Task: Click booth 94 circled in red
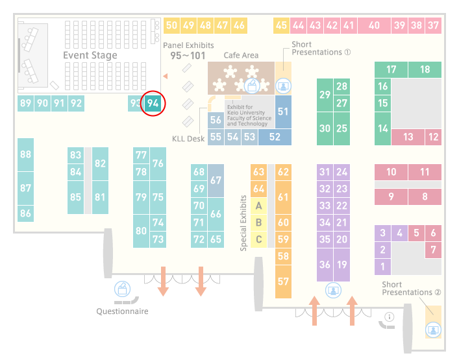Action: [x=153, y=103]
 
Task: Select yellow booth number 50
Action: [x=171, y=25]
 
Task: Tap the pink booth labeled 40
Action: [x=374, y=25]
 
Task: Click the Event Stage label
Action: [x=90, y=55]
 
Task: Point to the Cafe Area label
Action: [x=241, y=55]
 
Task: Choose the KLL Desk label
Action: [x=188, y=139]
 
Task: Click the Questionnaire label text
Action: [x=122, y=311]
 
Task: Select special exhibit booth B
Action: [x=258, y=222]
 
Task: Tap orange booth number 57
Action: [x=283, y=282]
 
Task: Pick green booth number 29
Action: [x=325, y=95]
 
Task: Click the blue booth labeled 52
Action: [x=275, y=137]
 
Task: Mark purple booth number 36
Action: [x=325, y=265]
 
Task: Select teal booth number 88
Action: [x=25, y=154]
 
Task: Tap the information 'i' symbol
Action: [x=390, y=317]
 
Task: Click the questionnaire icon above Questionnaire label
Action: [x=122, y=289]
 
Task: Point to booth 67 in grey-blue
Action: [x=216, y=180]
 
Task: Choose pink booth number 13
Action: [x=408, y=137]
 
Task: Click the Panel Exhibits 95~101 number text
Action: [x=188, y=56]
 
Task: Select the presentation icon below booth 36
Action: [x=333, y=290]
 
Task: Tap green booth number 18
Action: [x=425, y=69]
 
